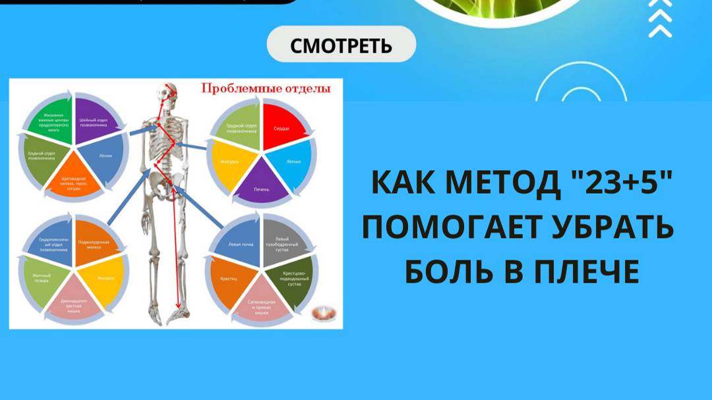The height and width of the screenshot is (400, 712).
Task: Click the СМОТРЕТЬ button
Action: pos(341,46)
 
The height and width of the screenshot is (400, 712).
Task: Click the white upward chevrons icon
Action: pos(659,20)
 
